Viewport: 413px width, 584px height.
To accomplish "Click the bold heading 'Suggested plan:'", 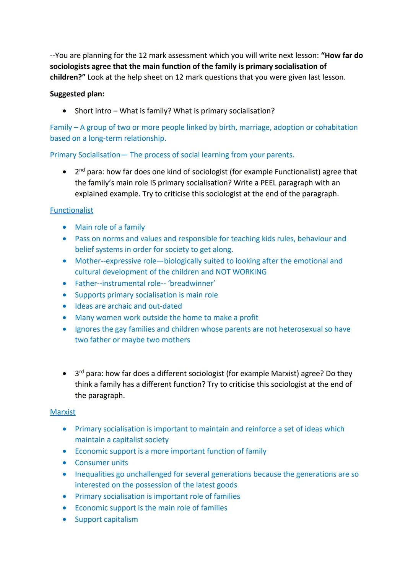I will (77, 94).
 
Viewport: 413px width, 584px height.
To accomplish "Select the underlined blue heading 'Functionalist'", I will (72, 210).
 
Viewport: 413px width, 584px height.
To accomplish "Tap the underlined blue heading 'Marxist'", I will (63, 412).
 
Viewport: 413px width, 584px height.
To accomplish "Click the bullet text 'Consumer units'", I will (101, 463).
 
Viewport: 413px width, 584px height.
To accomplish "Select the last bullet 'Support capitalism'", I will (106, 519).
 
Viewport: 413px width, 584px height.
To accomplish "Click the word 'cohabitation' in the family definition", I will (336, 127).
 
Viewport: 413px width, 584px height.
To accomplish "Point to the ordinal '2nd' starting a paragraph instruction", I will (80, 172).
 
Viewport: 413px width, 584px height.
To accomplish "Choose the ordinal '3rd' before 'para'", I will (79, 373).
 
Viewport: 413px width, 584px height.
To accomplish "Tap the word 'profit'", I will (247, 318).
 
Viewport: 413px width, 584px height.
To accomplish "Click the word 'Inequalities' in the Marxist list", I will (96, 474).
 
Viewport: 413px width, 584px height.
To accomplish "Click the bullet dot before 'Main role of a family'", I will (65, 228).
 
